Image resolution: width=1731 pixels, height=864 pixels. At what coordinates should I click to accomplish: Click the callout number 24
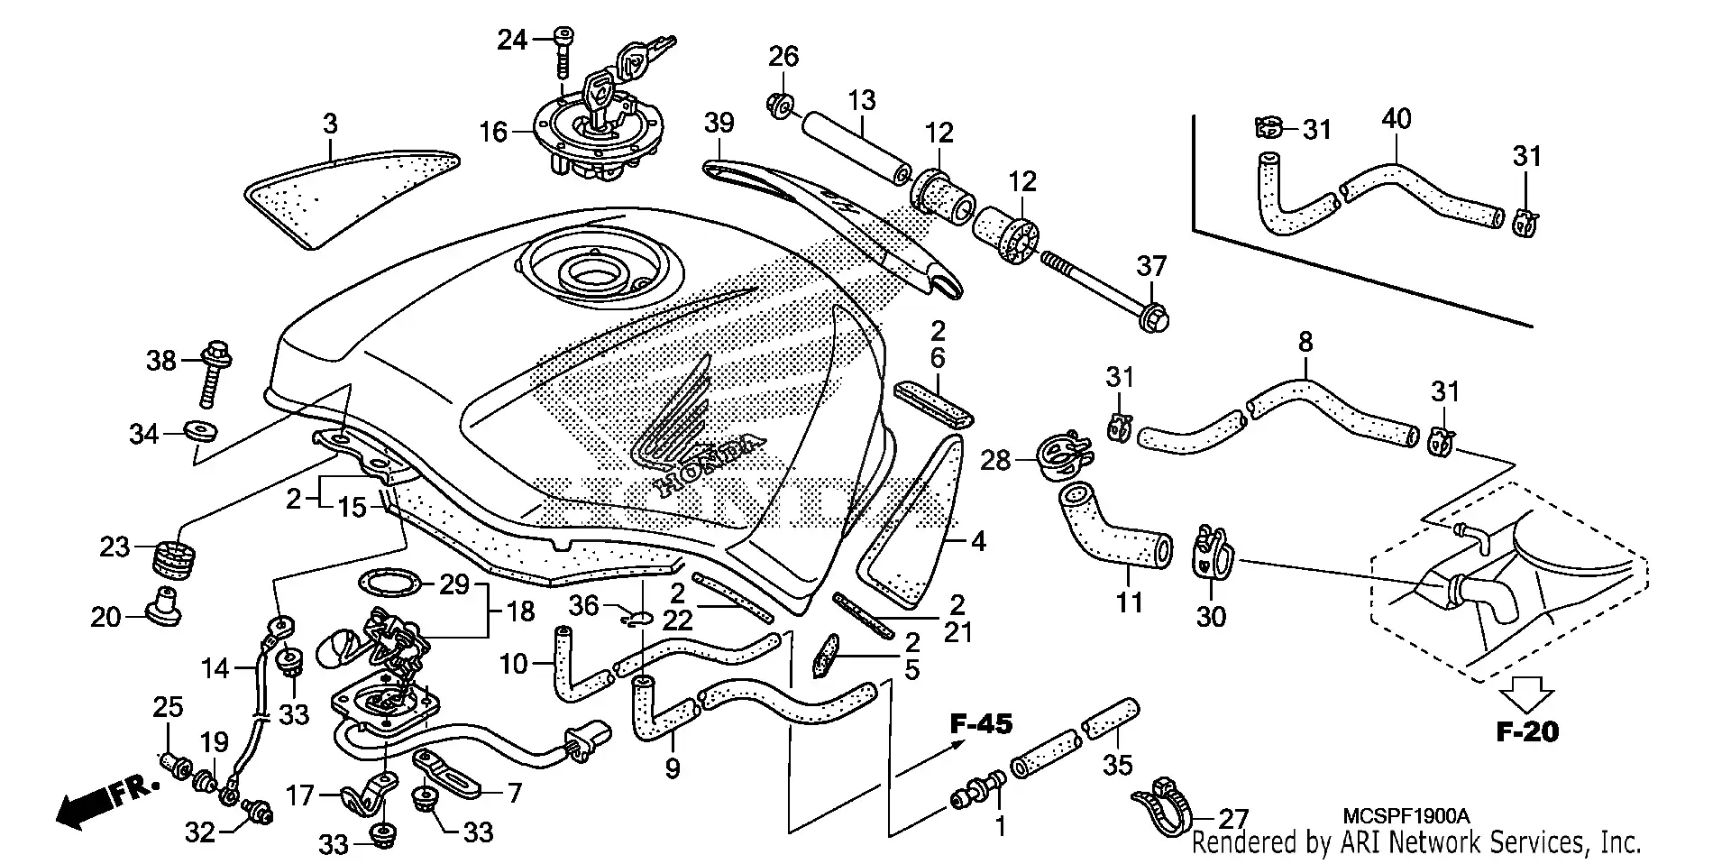[x=512, y=40]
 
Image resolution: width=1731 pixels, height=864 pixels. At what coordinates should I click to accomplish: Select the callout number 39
[x=719, y=123]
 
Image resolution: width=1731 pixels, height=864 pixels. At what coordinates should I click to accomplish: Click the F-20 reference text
[x=1527, y=731]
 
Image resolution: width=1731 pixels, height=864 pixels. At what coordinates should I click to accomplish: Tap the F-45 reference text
[x=981, y=723]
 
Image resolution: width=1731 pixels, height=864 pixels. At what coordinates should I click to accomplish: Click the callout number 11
[x=1129, y=602]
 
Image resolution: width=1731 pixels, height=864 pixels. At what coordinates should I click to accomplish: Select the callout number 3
[x=330, y=123]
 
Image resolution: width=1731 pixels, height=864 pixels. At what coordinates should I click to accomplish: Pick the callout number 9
[x=673, y=768]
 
